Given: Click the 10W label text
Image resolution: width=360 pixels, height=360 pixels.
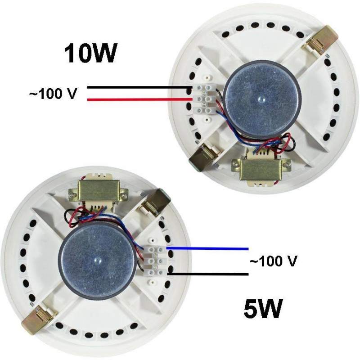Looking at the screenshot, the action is [x=89, y=53].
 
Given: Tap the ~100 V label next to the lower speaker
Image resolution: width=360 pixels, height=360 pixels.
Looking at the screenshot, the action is [x=273, y=261].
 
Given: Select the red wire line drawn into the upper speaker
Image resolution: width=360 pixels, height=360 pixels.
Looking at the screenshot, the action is [x=140, y=99].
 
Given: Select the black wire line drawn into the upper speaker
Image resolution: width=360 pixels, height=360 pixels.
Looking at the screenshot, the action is [x=140, y=87].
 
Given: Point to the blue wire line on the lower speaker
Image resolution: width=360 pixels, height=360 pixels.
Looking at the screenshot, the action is [x=207, y=248].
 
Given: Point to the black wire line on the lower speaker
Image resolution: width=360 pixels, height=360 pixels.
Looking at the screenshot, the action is [x=208, y=274].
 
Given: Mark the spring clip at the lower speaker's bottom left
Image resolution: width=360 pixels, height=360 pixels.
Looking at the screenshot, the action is [x=38, y=317].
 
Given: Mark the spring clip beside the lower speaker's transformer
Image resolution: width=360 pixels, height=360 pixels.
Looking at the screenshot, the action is [x=154, y=202].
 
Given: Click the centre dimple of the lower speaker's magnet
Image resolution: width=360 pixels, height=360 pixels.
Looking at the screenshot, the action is [x=97, y=260].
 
